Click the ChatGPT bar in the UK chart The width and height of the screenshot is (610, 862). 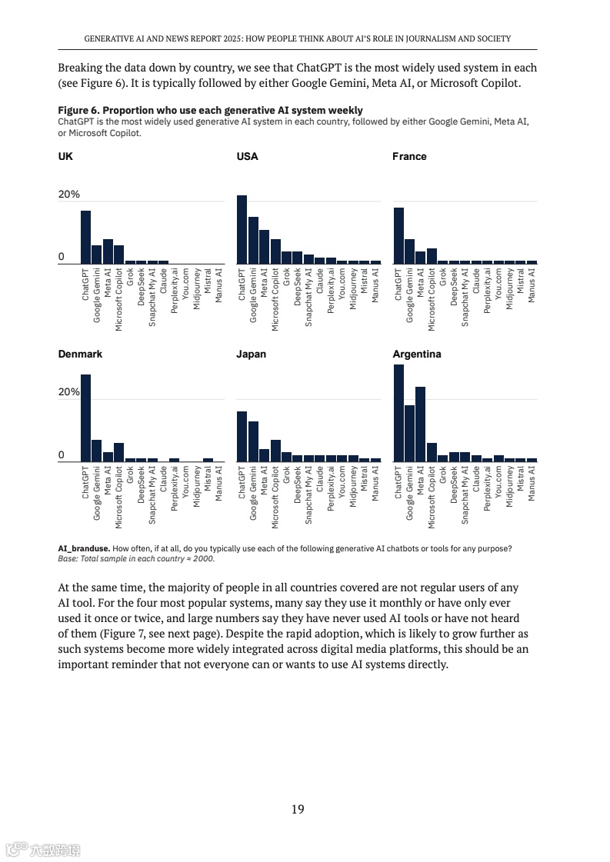(85, 238)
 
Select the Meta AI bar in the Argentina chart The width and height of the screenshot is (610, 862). (420, 424)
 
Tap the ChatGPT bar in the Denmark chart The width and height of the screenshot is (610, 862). (85, 418)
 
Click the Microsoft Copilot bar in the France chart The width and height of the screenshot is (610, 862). (432, 256)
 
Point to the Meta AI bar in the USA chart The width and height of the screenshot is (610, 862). (264, 247)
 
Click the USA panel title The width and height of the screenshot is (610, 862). (248, 156)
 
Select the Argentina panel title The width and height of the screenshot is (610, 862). (417, 354)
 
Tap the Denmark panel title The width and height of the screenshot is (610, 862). (80, 354)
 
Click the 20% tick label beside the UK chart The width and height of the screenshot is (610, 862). (69, 195)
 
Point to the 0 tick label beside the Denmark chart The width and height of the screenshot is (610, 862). (62, 455)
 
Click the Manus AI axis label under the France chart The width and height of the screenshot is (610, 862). (532, 285)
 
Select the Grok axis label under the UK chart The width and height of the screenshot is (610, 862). (130, 277)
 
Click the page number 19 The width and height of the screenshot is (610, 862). (298, 809)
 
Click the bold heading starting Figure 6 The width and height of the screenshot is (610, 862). (210, 110)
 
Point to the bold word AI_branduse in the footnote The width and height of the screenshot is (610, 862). (84, 548)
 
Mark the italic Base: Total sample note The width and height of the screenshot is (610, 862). (136, 558)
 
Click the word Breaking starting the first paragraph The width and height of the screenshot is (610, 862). (80, 68)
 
